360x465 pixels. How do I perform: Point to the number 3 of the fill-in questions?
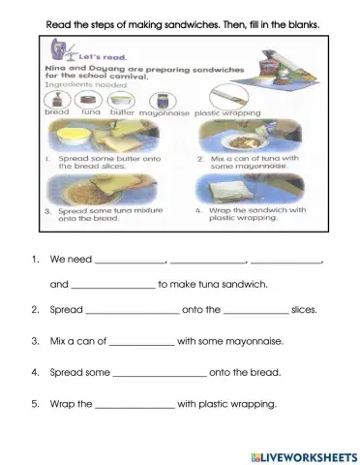pos(35,342)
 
